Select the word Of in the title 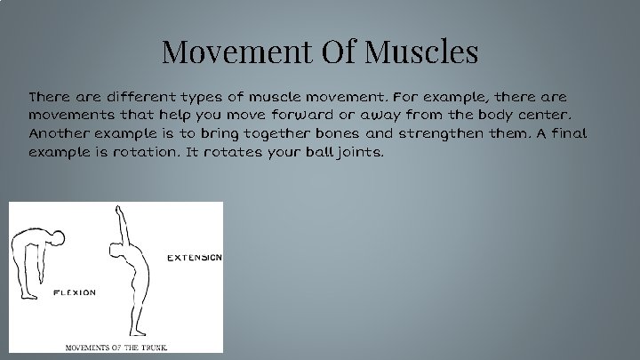(x=332, y=52)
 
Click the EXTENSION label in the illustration (x=195, y=258)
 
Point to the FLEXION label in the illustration (x=75, y=292)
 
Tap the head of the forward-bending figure (x=58, y=237)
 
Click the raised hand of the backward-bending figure (x=118, y=209)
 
